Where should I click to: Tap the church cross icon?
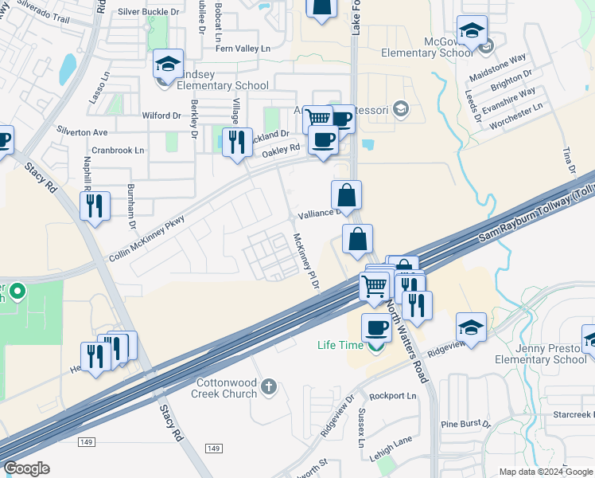click(x=269, y=386)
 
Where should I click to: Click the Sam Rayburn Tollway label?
click(x=535, y=214)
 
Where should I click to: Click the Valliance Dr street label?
click(x=320, y=214)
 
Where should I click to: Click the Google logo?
click(x=26, y=468)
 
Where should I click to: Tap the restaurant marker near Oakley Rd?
click(x=237, y=142)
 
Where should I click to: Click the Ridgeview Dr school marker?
click(x=471, y=327)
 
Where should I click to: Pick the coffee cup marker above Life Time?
click(x=376, y=327)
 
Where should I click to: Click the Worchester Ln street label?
click(x=517, y=105)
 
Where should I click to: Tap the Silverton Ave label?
click(x=82, y=131)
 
